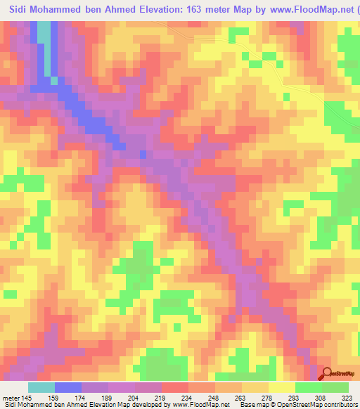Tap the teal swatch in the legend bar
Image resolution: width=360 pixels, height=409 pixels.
click(41, 387)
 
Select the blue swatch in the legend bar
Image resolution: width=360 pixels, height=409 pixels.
click(68, 387)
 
